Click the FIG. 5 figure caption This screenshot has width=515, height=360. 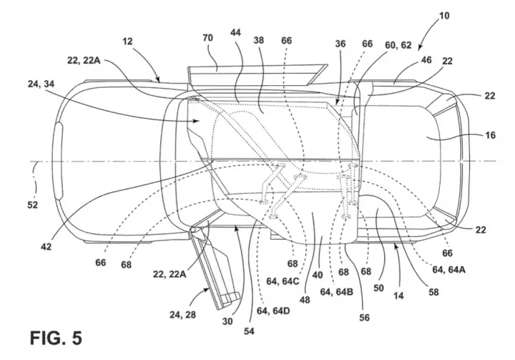click(56, 338)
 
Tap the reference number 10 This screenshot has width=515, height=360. click(444, 16)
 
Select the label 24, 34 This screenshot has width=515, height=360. click(41, 84)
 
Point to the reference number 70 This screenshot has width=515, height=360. click(207, 38)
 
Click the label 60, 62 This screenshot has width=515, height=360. click(398, 45)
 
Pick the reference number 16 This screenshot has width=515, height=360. click(490, 135)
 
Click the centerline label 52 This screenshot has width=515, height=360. click(32, 205)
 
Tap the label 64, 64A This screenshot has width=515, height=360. click(448, 270)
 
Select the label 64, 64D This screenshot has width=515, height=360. click(273, 311)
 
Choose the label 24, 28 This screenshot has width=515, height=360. click(182, 315)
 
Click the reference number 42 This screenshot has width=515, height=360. click(46, 246)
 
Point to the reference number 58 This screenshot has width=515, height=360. click(433, 292)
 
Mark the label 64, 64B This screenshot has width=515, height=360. click(337, 291)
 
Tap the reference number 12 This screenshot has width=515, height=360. click(127, 41)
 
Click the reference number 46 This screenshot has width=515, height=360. click(426, 60)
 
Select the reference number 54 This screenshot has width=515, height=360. click(249, 331)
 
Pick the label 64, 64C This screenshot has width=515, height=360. click(283, 282)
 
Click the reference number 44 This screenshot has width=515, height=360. click(236, 32)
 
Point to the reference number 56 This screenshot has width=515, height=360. click(364, 317)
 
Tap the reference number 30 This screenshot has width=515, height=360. click(227, 321)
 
